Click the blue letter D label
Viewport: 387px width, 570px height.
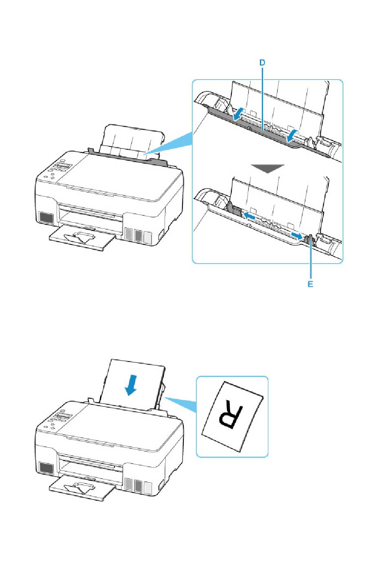pos(262,63)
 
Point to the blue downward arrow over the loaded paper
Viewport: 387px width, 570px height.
pos(131,385)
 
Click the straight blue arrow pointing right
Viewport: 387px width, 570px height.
pos(297,236)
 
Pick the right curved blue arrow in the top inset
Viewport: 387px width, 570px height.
pos(292,136)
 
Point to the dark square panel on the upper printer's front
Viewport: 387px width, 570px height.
pos(47,217)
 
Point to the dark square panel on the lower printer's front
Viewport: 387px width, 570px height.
pos(47,468)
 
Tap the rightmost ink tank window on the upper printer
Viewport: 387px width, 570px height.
pos(147,236)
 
